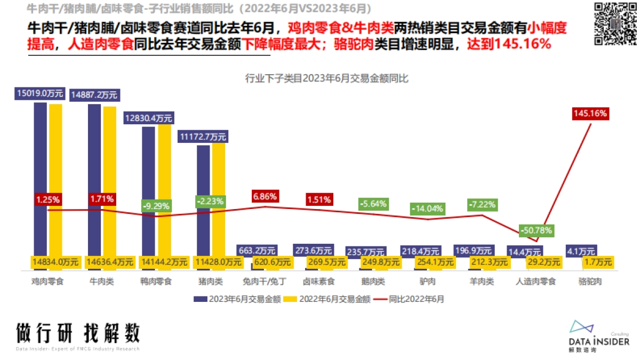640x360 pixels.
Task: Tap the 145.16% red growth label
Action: (x=590, y=113)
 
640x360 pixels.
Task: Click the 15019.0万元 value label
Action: (x=40, y=94)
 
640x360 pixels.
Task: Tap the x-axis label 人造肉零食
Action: (x=537, y=281)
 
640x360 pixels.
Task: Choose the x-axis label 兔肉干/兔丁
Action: (x=265, y=281)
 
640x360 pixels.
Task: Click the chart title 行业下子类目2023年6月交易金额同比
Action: (x=326, y=78)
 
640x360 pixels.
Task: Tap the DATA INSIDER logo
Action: (x=598, y=336)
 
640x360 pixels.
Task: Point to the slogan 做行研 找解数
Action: (x=78, y=333)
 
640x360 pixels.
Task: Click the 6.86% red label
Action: (x=265, y=196)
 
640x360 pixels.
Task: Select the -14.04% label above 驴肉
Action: (x=427, y=209)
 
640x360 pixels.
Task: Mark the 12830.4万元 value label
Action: (x=148, y=118)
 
